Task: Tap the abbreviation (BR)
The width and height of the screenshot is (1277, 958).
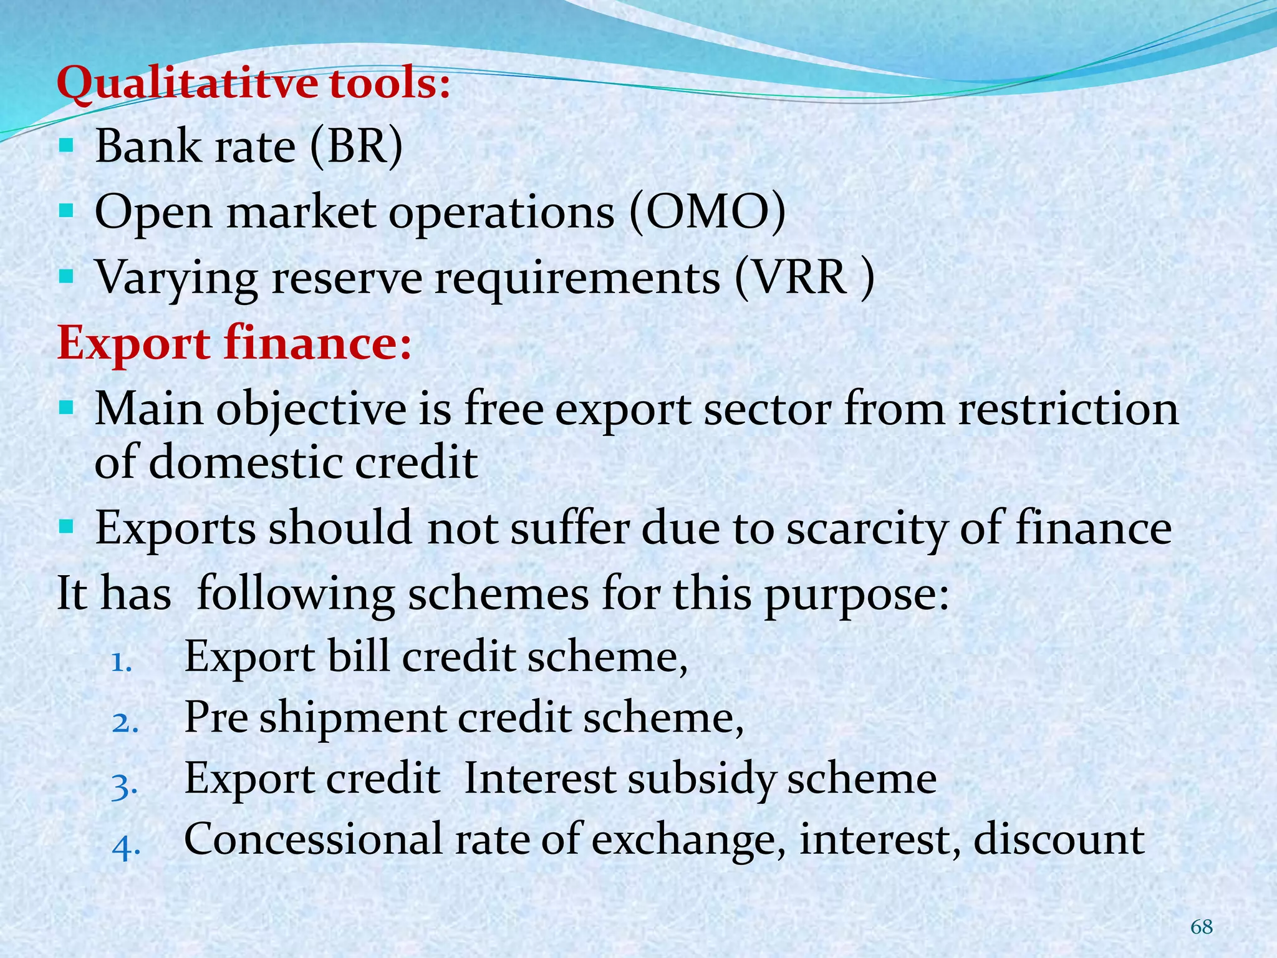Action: (357, 147)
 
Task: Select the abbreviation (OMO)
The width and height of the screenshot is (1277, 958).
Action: (707, 213)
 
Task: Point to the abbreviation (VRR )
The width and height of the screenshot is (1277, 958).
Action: (804, 278)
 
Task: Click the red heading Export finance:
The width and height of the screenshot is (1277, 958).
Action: (234, 344)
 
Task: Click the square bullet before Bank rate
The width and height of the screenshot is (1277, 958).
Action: (66, 147)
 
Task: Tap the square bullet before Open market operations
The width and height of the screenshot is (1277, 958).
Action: (66, 213)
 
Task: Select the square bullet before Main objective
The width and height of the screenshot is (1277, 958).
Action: (66, 409)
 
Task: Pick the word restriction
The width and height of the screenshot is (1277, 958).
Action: (1067, 409)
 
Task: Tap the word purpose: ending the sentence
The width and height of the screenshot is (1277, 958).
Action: (856, 594)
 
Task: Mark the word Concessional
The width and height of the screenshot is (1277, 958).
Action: (313, 839)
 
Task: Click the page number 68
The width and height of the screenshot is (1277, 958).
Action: (1201, 927)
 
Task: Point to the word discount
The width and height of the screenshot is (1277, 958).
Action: (1059, 839)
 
